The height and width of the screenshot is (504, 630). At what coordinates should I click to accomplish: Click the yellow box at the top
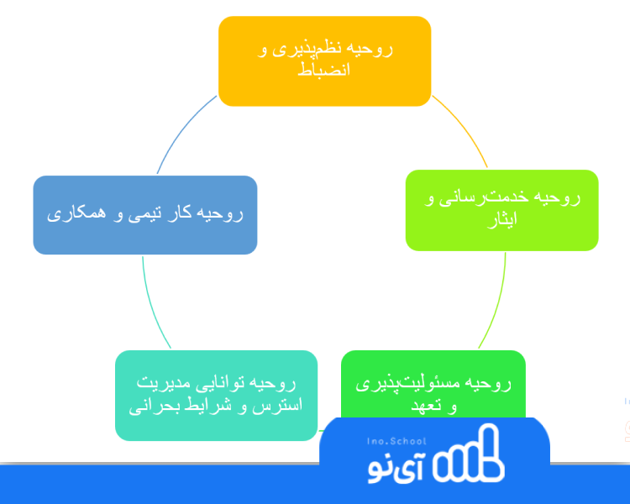coord(324,61)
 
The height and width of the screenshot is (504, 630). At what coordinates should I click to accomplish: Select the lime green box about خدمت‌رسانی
coord(501,210)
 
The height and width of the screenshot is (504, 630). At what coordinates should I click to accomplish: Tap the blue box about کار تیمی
coord(145,215)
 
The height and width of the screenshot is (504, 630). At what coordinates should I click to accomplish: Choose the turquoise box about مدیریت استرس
coord(216,396)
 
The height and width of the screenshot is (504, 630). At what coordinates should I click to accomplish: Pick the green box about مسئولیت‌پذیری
coord(433,385)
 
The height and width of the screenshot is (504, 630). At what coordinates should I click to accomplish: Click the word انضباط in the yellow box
coord(324,70)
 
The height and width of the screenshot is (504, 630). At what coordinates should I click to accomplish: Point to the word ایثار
coord(502,219)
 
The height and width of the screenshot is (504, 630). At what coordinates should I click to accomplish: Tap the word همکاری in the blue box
coord(76,213)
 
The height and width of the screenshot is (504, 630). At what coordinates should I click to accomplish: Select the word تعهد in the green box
coord(426,405)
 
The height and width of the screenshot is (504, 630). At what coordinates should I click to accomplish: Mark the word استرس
coord(277,405)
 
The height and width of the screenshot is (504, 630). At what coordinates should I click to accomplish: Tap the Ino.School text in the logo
coord(396,441)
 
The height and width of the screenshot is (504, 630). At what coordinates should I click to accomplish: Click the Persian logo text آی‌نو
coord(396,469)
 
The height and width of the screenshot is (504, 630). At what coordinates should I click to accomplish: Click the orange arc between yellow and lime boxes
coord(464,127)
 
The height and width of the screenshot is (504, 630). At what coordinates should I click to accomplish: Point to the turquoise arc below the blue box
coord(152,305)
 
